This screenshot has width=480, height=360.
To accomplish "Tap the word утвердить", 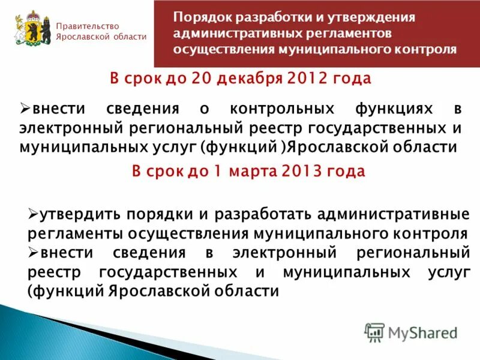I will click(x=74, y=214).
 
